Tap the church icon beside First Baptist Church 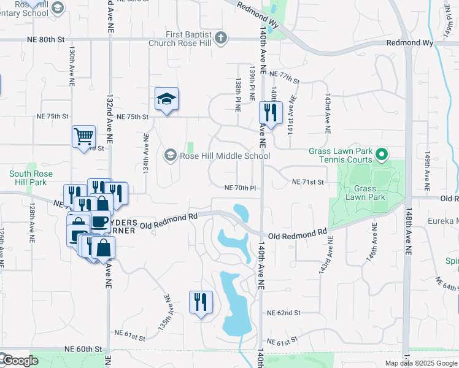pyautogui.click(x=221, y=38)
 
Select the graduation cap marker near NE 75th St pyautogui.click(x=166, y=100)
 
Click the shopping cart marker pyautogui.click(x=83, y=137)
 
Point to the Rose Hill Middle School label pyautogui.click(x=225, y=156)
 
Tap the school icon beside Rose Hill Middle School pyautogui.click(x=170, y=156)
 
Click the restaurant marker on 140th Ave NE pyautogui.click(x=270, y=113)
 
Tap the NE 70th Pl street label pyautogui.click(x=239, y=188)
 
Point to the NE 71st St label pyautogui.click(x=307, y=182)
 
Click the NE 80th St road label pyautogui.click(x=46, y=39)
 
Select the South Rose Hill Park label pyautogui.click(x=28, y=178)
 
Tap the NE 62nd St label pyautogui.click(x=283, y=313)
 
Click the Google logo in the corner pyautogui.click(x=20, y=361)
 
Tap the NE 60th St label pyautogui.click(x=85, y=349)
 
